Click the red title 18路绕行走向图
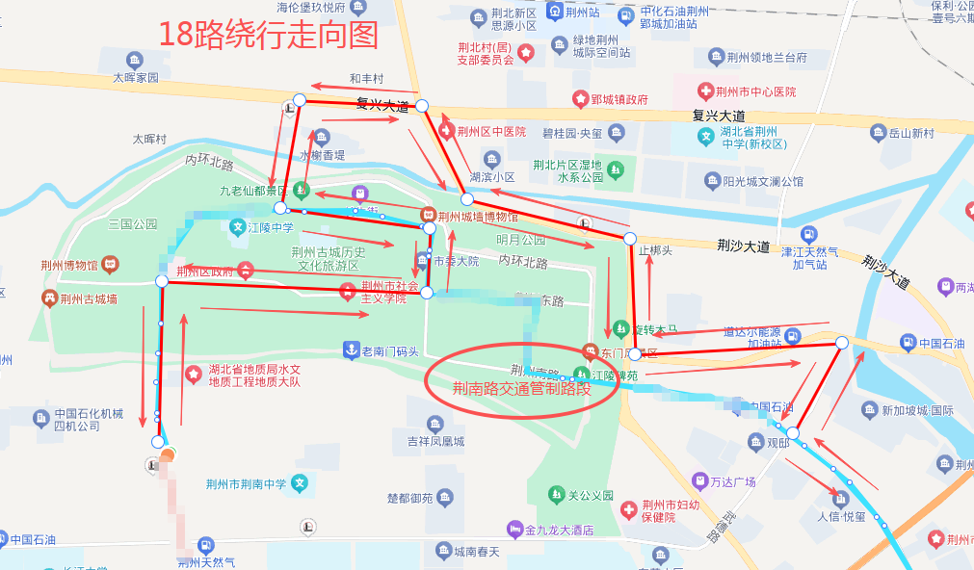pos(269,35)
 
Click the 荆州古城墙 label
pos(88,299)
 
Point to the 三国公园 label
pos(132,224)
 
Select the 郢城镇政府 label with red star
pos(619,99)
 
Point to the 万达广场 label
pos(731,480)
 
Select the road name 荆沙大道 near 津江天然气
pos(743,246)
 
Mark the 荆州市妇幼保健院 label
pos(672,510)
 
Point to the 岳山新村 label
pos(910,133)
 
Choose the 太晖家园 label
pos(135,78)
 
